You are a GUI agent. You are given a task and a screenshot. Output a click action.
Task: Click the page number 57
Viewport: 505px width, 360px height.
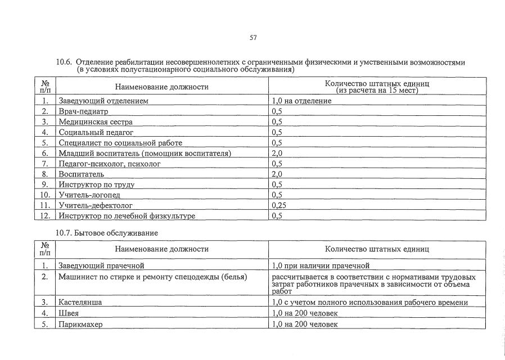pos(253,38)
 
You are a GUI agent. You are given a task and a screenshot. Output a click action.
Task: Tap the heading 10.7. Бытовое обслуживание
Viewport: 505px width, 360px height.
pos(107,232)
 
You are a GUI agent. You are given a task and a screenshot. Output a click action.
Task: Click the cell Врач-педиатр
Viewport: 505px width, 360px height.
pos(83,111)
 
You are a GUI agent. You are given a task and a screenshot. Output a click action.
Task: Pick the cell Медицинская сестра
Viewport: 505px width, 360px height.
pos(96,121)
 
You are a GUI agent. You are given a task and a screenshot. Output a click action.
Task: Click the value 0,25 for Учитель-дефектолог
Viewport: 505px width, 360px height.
pos(279,205)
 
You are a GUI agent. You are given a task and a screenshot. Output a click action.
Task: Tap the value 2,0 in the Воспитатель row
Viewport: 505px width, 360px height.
pos(277,174)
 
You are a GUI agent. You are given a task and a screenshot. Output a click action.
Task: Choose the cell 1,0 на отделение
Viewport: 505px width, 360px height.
pos(301,101)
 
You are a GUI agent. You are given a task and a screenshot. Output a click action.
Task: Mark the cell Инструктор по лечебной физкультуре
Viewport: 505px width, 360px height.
pos(127,215)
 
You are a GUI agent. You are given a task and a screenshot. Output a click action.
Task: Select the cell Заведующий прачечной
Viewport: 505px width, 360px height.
pos(102,265)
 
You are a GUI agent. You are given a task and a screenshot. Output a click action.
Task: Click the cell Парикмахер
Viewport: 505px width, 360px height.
pos(80,325)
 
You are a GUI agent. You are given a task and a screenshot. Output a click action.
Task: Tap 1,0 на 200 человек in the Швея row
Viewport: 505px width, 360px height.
pos(304,313)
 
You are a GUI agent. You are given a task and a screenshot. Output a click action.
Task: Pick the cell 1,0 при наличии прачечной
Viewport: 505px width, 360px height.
pos(320,265)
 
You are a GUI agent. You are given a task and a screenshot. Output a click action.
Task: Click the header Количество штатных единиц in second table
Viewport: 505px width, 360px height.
pos(377,249)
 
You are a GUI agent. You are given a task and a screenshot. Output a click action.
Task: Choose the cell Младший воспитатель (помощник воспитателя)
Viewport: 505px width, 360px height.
pos(145,153)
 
